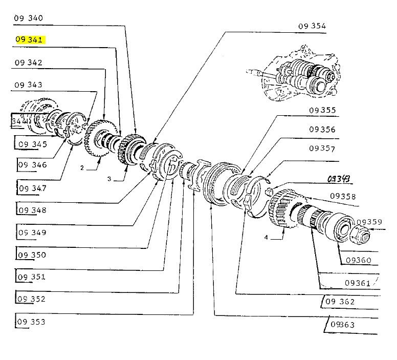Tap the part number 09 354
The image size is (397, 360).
312,26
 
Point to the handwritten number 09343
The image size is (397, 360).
339,178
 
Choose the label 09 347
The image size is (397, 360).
32,188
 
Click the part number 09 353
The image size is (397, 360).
31,322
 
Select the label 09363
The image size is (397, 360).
343,325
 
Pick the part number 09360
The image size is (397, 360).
358,260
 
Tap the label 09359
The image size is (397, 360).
369,222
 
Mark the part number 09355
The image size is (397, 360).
322,110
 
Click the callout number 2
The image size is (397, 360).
81,167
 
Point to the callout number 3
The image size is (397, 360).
109,179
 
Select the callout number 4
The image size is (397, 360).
266,237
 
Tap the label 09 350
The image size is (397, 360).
31,255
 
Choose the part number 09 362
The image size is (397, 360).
339,302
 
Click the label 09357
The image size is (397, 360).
322,149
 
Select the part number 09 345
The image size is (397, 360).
32,144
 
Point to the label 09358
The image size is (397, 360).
343,196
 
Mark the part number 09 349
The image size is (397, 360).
31,232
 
